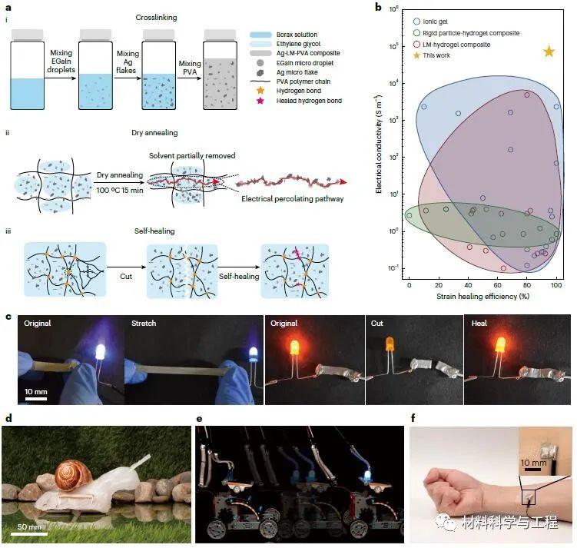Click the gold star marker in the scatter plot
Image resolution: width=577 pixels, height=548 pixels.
click(x=549, y=51)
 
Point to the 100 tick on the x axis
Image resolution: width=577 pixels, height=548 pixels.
click(x=556, y=284)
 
